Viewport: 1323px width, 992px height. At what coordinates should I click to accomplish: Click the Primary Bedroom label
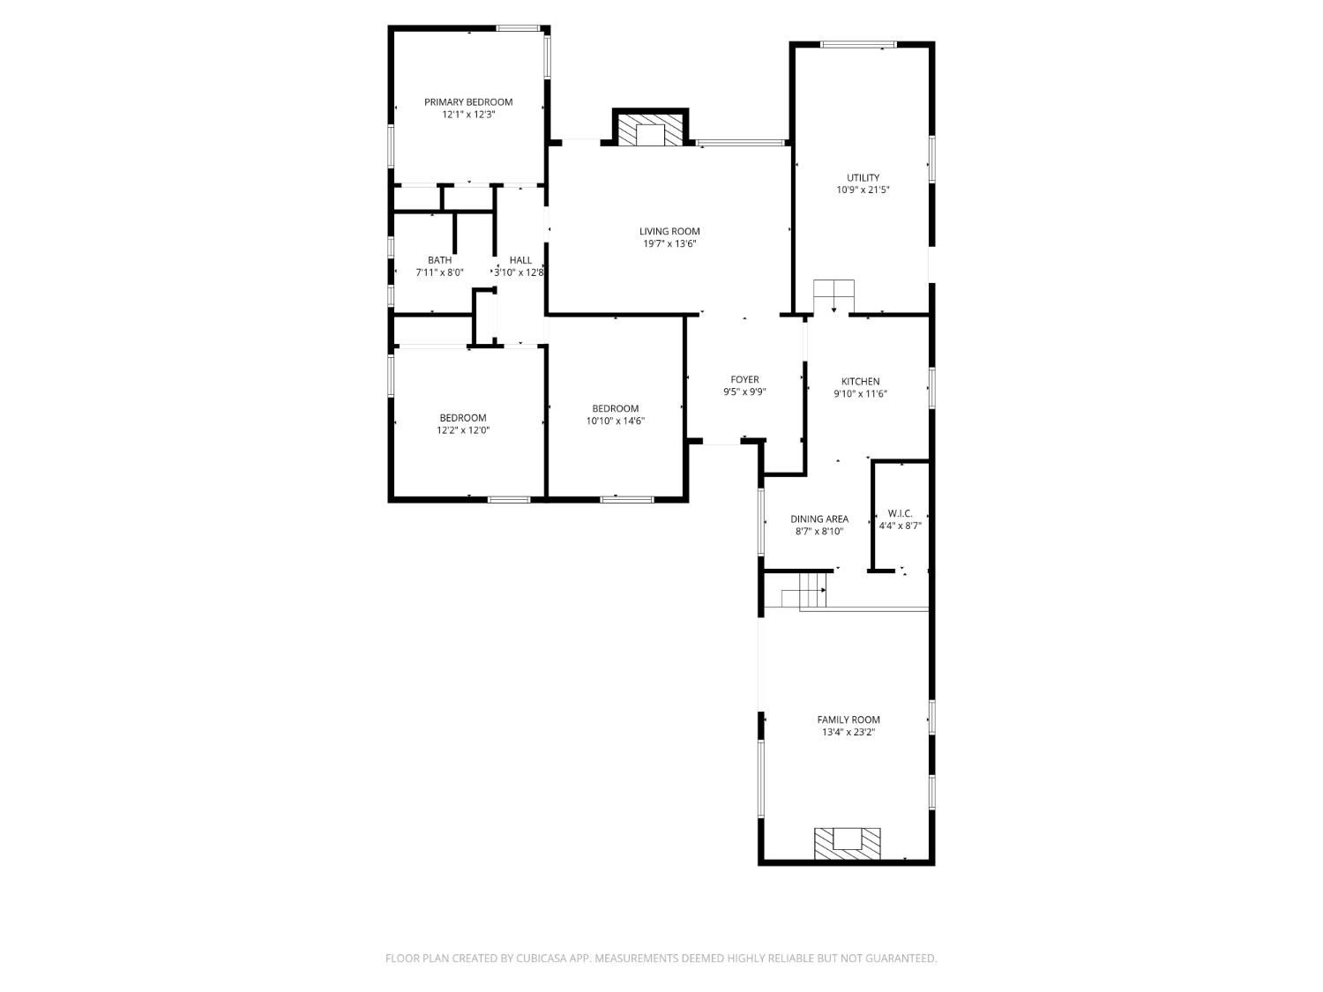click(467, 102)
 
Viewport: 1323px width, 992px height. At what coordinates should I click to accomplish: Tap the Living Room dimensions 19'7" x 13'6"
click(669, 244)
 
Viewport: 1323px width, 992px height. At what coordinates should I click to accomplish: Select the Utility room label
click(863, 177)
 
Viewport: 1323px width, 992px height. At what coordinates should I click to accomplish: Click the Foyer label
click(744, 380)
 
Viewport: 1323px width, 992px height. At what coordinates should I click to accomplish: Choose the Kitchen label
click(860, 382)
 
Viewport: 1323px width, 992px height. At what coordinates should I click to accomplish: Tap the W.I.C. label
click(900, 513)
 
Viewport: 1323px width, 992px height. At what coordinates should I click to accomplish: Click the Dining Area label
click(819, 519)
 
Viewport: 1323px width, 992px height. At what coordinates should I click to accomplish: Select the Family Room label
click(848, 720)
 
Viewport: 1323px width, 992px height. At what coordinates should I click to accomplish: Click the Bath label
click(439, 260)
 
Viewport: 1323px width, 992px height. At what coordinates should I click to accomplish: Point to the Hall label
click(520, 260)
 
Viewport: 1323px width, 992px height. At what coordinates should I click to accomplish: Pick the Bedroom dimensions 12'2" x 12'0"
click(463, 431)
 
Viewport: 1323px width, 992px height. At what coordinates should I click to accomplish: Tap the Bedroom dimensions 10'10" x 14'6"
click(615, 421)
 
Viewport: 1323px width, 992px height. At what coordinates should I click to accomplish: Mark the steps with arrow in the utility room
click(833, 296)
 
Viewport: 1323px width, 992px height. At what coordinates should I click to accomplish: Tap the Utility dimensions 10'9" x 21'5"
click(863, 190)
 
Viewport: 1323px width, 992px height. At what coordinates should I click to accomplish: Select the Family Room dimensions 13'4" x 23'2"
click(848, 732)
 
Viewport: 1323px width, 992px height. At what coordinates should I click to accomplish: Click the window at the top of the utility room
click(858, 44)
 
